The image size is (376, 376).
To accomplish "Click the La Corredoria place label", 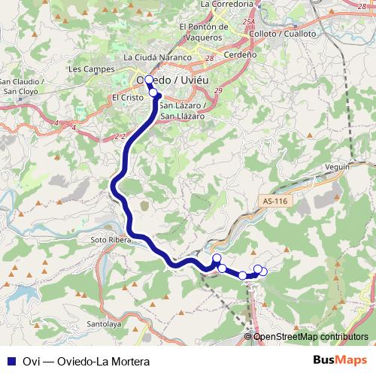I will click(225, 5).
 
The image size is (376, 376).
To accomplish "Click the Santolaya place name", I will click(105, 324).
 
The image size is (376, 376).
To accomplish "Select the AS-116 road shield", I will click(276, 202).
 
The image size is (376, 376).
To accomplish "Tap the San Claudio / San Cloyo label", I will click(23, 86).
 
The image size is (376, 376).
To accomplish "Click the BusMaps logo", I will click(339, 360).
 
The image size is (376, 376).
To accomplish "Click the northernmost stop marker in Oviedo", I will click(149, 80).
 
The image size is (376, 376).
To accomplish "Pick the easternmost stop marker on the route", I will click(263, 271).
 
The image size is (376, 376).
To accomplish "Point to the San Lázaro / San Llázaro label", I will click(183, 111).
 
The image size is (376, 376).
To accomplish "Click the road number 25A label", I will click(248, 23).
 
